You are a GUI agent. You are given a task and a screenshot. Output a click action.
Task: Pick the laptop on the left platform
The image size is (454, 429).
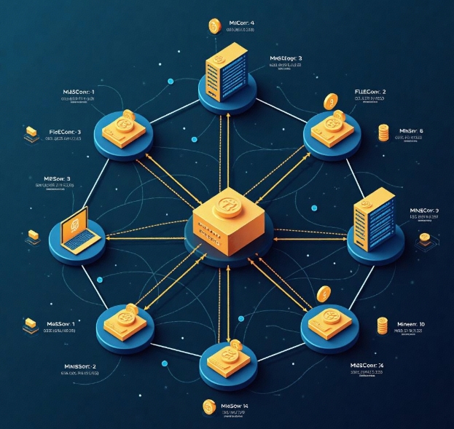[x=75, y=229]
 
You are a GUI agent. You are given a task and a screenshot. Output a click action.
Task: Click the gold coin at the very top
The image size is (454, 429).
[x=214, y=26]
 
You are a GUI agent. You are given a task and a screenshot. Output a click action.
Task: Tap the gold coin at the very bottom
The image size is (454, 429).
[x=209, y=406]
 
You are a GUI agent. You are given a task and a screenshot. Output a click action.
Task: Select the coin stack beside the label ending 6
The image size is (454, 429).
[x=384, y=133]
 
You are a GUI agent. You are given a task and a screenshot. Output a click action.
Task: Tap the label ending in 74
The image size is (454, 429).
[x=367, y=365]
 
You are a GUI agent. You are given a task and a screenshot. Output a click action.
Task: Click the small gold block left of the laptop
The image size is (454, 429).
[x=33, y=236]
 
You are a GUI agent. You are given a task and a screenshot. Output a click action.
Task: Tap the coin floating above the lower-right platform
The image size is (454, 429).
[x=323, y=292]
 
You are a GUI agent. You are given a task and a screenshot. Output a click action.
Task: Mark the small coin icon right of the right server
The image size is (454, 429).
[x=424, y=239]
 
